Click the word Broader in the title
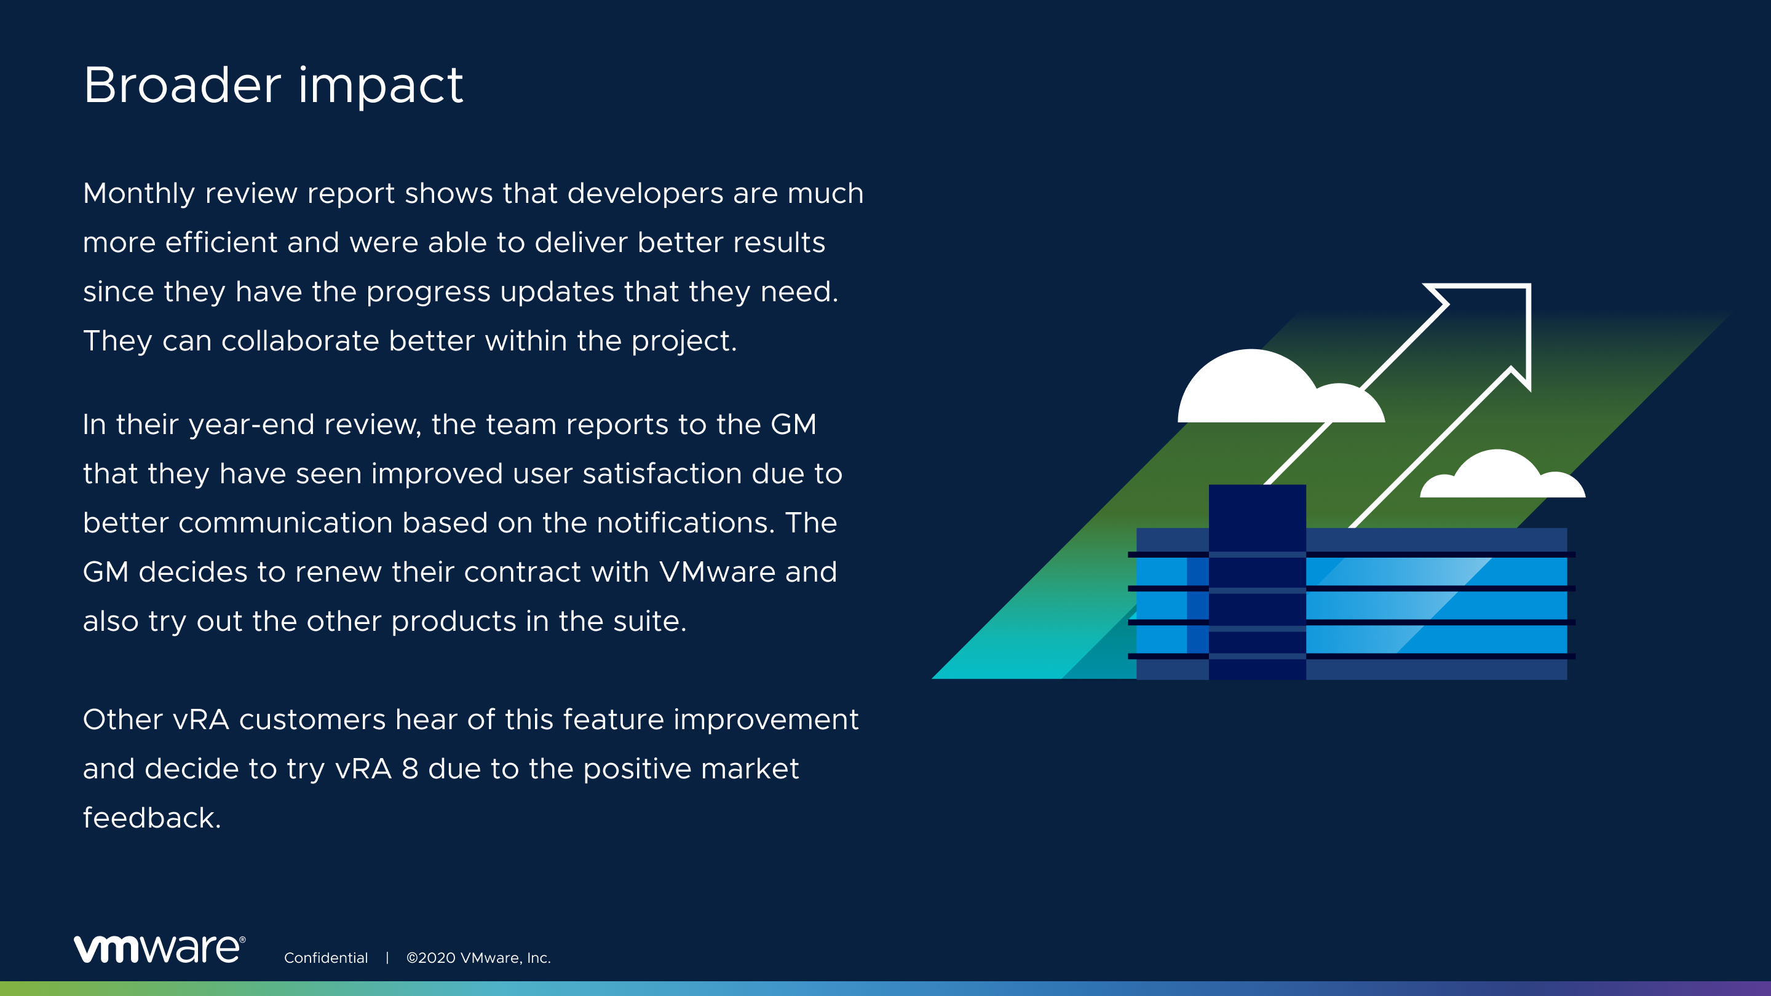pyautogui.click(x=182, y=85)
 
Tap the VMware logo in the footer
pyautogui.click(x=159, y=949)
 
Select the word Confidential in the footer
pyautogui.click(x=326, y=957)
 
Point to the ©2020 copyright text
pyautogui.click(x=478, y=957)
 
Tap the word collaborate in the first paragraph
pyautogui.click(x=299, y=342)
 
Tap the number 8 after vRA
pyautogui.click(x=410, y=769)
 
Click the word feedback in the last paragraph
pyautogui.click(x=152, y=818)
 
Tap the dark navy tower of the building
pyautogui.click(x=1258, y=582)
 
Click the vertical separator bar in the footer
pyautogui.click(x=387, y=957)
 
